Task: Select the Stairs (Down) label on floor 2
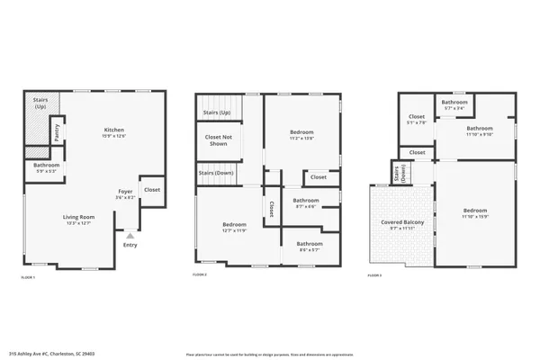(215, 173)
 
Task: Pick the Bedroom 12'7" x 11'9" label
(236, 227)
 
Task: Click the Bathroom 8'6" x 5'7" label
(310, 246)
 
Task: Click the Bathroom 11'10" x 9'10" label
(478, 131)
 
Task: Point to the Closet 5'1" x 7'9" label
(417, 120)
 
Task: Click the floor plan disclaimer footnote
(270, 353)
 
